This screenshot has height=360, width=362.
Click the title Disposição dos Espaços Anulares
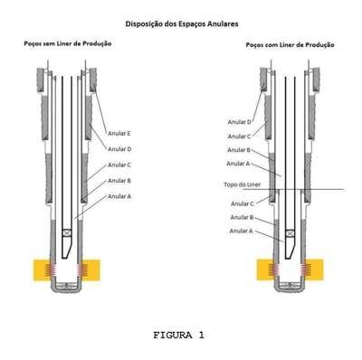pyautogui.click(x=182, y=24)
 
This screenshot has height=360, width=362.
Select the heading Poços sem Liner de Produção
pyautogui.click(x=68, y=43)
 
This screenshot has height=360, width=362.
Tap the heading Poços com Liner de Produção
pyautogui.click(x=290, y=45)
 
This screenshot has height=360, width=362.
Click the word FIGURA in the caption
pyautogui.click(x=173, y=335)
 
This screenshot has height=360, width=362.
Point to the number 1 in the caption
pyautogui.click(x=201, y=335)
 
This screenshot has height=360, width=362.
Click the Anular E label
pyautogui.click(x=119, y=133)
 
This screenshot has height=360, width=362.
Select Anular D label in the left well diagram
pyautogui.click(x=119, y=149)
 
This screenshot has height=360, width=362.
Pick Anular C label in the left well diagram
pyautogui.click(x=119, y=165)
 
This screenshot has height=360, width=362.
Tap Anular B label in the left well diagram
pyautogui.click(x=119, y=181)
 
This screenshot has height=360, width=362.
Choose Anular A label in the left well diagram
pyautogui.click(x=119, y=196)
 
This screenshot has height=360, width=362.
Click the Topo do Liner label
pyautogui.click(x=243, y=185)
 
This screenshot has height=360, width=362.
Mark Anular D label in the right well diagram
pyautogui.click(x=240, y=122)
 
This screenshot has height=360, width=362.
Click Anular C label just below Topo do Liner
pyautogui.click(x=243, y=204)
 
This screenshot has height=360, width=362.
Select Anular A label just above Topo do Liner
pyautogui.click(x=238, y=164)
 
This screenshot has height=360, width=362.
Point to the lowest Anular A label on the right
pyautogui.click(x=241, y=231)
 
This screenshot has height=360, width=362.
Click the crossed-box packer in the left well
pyautogui.click(x=67, y=232)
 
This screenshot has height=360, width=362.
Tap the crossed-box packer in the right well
pyautogui.click(x=291, y=233)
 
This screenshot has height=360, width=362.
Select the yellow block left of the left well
pyautogui.click(x=42, y=270)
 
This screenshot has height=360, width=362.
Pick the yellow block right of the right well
pyautogui.click(x=314, y=270)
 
